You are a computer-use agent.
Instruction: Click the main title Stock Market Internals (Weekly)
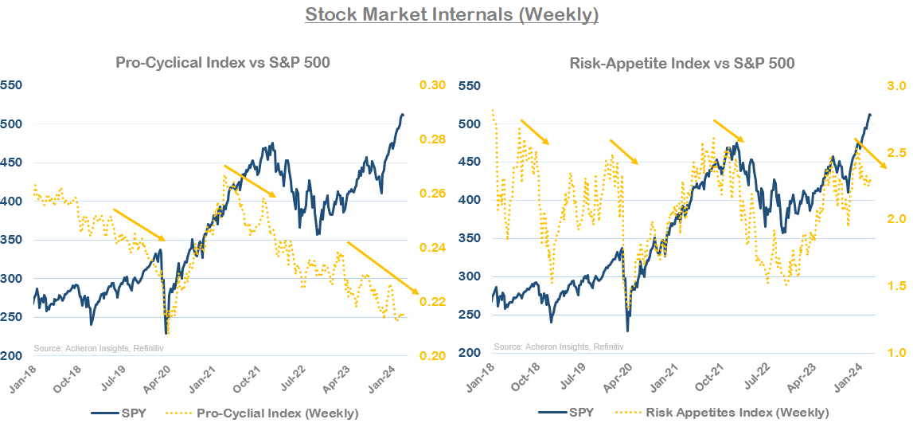point(451,14)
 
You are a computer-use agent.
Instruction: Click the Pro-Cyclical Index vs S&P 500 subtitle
point(223,62)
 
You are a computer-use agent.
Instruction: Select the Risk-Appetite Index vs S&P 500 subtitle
point(681,62)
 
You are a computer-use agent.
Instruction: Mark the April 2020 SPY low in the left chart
point(166,332)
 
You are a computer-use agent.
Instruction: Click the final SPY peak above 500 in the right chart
point(869,115)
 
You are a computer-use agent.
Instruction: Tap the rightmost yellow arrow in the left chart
point(382,268)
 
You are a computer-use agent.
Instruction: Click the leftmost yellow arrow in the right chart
point(535,132)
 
